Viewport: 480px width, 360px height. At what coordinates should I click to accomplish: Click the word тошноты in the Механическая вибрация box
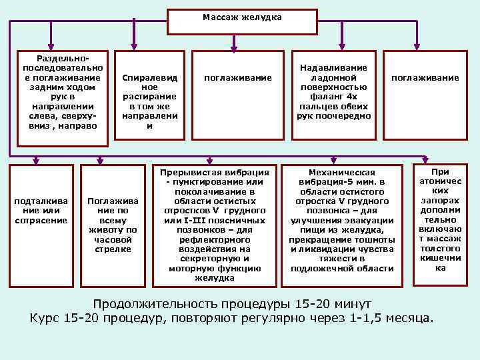pos(377,239)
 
